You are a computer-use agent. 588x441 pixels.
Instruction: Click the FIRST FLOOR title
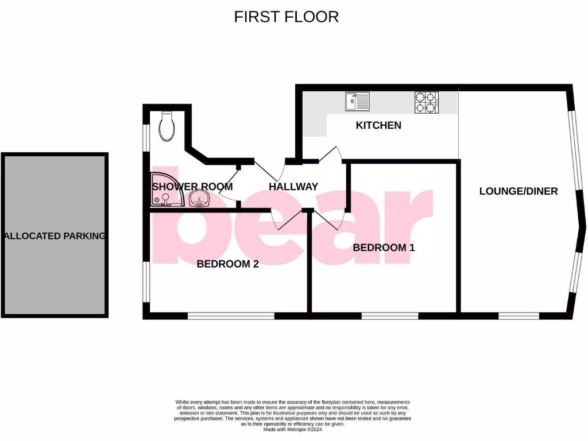pyautogui.click(x=286, y=17)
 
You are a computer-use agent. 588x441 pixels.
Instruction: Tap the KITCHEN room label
pyautogui.click(x=378, y=125)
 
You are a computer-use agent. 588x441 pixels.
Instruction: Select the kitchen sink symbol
pyautogui.click(x=357, y=102)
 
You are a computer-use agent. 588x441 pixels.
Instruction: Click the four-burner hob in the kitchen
pyautogui.click(x=426, y=102)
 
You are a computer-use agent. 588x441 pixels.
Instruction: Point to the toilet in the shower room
pyautogui.click(x=167, y=126)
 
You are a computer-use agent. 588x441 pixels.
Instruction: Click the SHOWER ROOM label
pyautogui.click(x=192, y=187)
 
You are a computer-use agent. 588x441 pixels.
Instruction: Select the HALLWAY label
pyautogui.click(x=293, y=187)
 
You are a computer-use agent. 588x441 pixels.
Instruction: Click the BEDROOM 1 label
pyautogui.click(x=384, y=247)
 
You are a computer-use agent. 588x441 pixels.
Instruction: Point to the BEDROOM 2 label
pyautogui.click(x=227, y=264)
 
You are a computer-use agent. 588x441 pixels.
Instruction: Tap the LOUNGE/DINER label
pyautogui.click(x=519, y=191)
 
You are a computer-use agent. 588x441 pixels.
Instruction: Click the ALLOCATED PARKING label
pyautogui.click(x=55, y=236)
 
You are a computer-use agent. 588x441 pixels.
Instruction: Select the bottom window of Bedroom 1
pyautogui.click(x=390, y=315)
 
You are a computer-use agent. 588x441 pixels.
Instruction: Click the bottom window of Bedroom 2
pyautogui.click(x=231, y=315)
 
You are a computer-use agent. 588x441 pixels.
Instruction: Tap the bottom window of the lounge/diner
pyautogui.click(x=519, y=315)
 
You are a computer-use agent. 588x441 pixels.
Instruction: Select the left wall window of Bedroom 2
pyautogui.click(x=146, y=281)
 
